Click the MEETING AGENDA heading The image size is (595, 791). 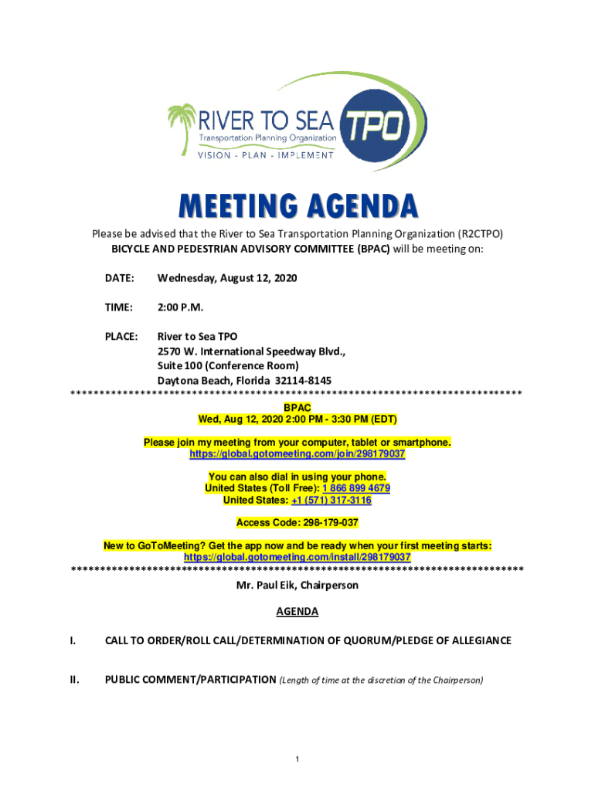[x=298, y=207]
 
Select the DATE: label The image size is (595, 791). [x=120, y=278]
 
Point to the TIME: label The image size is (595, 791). [x=119, y=307]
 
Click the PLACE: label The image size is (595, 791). [x=121, y=337]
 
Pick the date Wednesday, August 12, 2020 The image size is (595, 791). [x=227, y=278]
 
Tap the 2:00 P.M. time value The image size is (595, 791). [x=180, y=307]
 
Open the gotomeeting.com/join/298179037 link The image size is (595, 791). [x=297, y=454]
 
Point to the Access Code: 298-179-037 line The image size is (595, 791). [x=297, y=523]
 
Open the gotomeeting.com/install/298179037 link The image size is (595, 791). [x=297, y=557]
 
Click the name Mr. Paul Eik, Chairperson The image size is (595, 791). [x=297, y=586]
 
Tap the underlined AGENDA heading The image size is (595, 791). [x=297, y=612]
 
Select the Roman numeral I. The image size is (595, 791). [x=73, y=641]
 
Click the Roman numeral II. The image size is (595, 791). [x=74, y=681]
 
